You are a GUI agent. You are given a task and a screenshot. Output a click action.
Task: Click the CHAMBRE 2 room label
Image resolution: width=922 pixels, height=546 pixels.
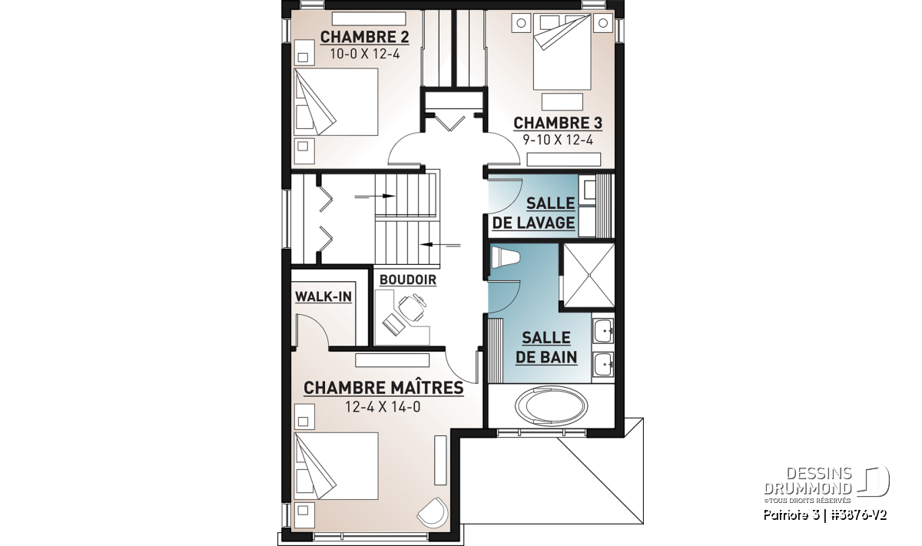click(365, 37)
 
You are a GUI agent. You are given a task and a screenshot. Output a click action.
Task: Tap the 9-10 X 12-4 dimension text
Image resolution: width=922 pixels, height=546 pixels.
click(558, 140)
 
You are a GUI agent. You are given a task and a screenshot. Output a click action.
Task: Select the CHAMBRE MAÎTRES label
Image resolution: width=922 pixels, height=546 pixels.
click(383, 388)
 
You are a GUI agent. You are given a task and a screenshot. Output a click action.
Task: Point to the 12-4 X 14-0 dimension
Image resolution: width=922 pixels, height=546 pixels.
click(383, 407)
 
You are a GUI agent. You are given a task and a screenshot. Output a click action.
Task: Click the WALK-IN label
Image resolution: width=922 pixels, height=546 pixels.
click(323, 296)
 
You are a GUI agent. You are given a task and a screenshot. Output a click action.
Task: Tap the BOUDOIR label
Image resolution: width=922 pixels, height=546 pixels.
click(408, 280)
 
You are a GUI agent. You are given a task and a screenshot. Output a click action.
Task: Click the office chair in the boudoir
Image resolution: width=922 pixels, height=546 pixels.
click(412, 307)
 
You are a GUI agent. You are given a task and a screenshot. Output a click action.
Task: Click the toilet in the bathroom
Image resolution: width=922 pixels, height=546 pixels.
click(506, 257)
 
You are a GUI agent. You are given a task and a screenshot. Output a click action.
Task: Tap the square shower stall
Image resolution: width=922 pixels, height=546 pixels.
click(589, 275)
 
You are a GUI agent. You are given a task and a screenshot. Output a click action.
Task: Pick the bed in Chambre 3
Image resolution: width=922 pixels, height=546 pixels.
click(562, 51)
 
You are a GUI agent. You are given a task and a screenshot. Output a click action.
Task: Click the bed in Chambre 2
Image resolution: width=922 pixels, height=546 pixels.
click(336, 102)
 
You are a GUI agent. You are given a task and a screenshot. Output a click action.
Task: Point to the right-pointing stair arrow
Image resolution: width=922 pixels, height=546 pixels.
click(375, 197)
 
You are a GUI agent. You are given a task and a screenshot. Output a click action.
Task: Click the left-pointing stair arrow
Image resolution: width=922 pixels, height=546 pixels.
click(440, 245)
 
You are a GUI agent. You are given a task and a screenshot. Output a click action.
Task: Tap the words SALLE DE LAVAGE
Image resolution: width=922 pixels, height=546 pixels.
click(533, 213)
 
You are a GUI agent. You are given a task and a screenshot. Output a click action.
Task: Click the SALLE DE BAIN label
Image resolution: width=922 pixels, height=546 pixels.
click(546, 348)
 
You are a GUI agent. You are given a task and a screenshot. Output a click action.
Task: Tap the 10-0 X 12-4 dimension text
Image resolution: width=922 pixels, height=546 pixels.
click(365, 54)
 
